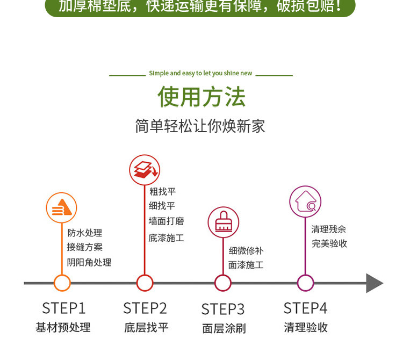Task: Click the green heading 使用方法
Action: pos(201,97)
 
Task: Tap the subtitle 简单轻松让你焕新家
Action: pos(200,126)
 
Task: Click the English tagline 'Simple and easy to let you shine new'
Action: pos(200,73)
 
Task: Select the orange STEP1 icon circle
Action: pos(62,207)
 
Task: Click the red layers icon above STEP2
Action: pos(145,169)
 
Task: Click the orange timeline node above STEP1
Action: pos(62,283)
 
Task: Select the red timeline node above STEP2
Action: pos(145,283)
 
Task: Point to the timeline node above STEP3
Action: pos(223,283)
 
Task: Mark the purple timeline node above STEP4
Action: pos(305,283)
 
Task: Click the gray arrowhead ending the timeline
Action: pos(375,283)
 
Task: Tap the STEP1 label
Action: pos(63,308)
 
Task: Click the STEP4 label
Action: pos(305,308)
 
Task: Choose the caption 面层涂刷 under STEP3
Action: pos(224,328)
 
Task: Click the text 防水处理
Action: pos(85,233)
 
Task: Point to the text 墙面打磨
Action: pos(167,221)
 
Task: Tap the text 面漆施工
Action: pos(246,264)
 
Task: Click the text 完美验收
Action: pos(329,243)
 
